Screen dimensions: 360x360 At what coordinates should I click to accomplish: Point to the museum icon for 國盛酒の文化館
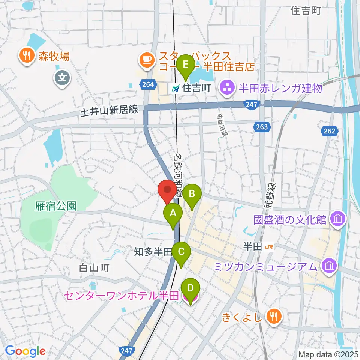(x=337, y=219)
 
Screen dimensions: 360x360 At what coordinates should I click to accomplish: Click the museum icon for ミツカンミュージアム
(x=329, y=266)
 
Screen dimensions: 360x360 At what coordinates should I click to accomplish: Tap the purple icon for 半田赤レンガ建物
(x=227, y=88)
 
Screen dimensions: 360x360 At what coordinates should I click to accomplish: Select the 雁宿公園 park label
(x=56, y=206)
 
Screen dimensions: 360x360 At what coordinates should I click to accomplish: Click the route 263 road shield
(x=262, y=127)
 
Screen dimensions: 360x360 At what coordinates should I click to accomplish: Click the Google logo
(x=25, y=351)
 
